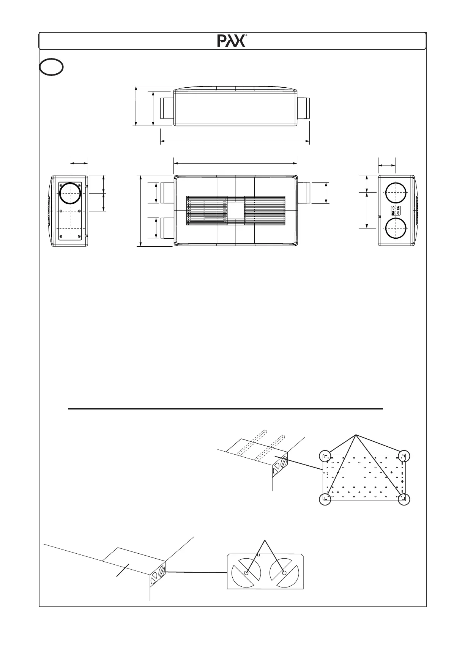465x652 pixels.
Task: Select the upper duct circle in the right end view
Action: (x=396, y=193)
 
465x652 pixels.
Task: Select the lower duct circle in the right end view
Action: (x=396, y=228)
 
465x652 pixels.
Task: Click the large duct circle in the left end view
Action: (x=70, y=193)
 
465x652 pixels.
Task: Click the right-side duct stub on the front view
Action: (x=304, y=193)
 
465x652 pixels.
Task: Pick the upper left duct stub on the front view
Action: (x=167, y=193)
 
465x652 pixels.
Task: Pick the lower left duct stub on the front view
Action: (x=167, y=228)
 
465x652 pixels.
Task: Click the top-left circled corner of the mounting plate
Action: (x=325, y=455)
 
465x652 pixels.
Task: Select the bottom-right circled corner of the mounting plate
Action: (x=404, y=500)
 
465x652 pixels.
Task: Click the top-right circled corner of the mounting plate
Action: (x=404, y=455)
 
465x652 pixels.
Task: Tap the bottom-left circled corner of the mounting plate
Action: (x=325, y=500)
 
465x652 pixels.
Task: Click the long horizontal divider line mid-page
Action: (x=225, y=409)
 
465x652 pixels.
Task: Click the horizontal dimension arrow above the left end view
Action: (x=79, y=163)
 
